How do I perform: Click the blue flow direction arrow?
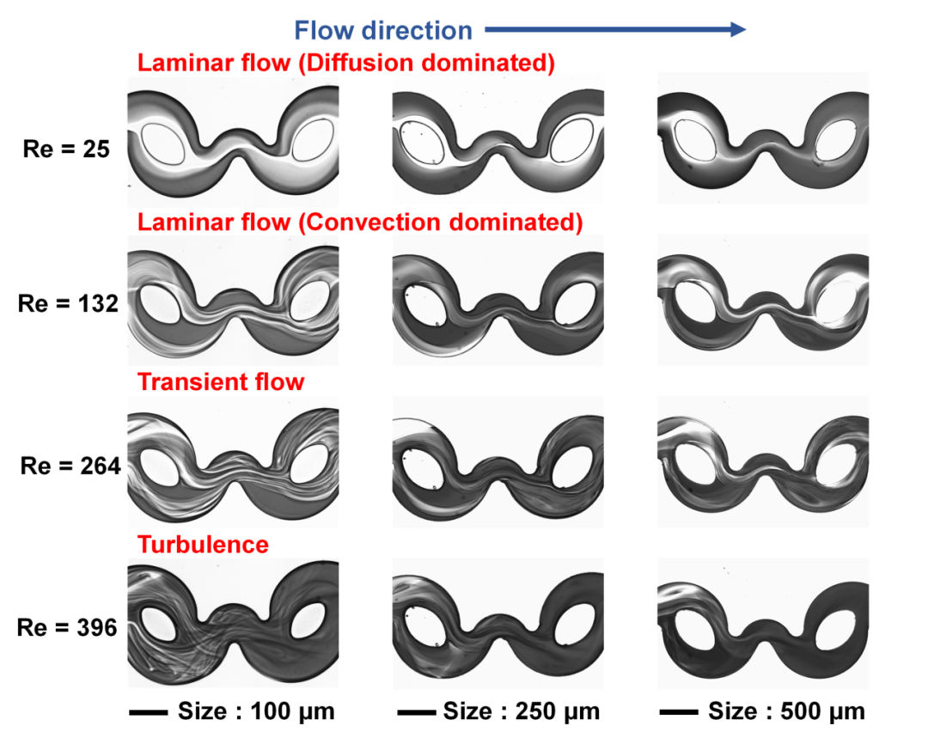point(614,31)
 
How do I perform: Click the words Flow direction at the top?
point(383,32)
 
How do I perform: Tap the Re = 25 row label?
point(65,149)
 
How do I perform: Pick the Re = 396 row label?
point(67,627)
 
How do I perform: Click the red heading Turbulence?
point(203,544)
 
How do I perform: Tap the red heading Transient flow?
point(221,381)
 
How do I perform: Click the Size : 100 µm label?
point(256,711)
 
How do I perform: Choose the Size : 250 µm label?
point(521,711)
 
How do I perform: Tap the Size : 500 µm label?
point(786,711)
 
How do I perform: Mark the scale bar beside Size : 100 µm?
point(147,712)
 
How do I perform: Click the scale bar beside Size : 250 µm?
point(417,712)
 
